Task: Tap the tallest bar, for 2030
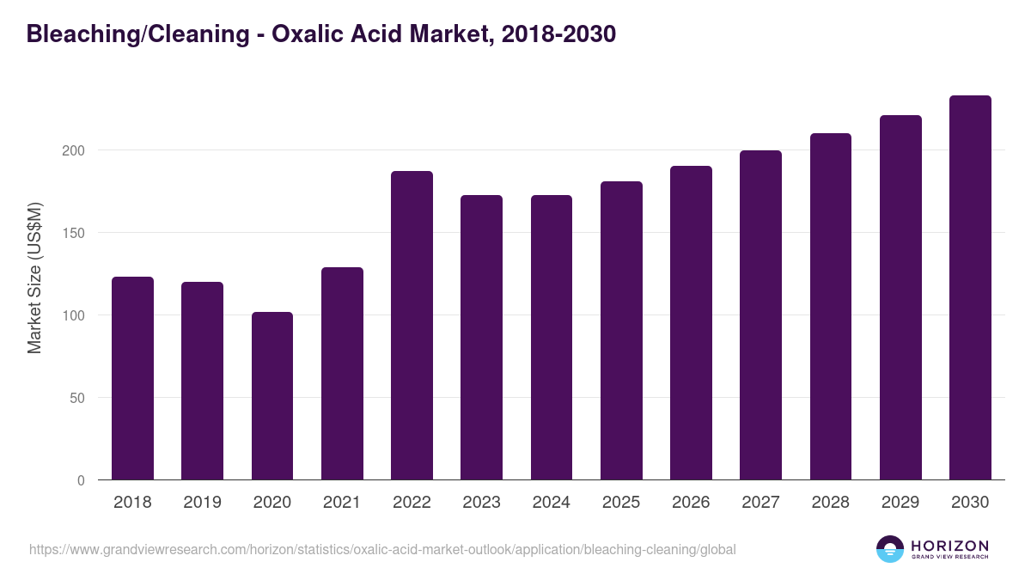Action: pos(970,288)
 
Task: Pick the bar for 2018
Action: pos(132,378)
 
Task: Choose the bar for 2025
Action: pos(621,331)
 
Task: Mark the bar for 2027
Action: pos(761,315)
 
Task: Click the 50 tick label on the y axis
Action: pos(78,398)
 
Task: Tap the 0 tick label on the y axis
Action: pos(82,480)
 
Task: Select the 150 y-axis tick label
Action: pos(75,233)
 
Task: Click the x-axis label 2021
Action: pos(342,503)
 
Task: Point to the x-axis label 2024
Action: pos(552,503)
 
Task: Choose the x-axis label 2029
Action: pos(900,503)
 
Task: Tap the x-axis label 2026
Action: pos(691,503)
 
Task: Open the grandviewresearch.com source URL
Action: pos(382,549)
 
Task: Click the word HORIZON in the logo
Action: pos(949,546)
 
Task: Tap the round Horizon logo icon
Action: pos(890,549)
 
